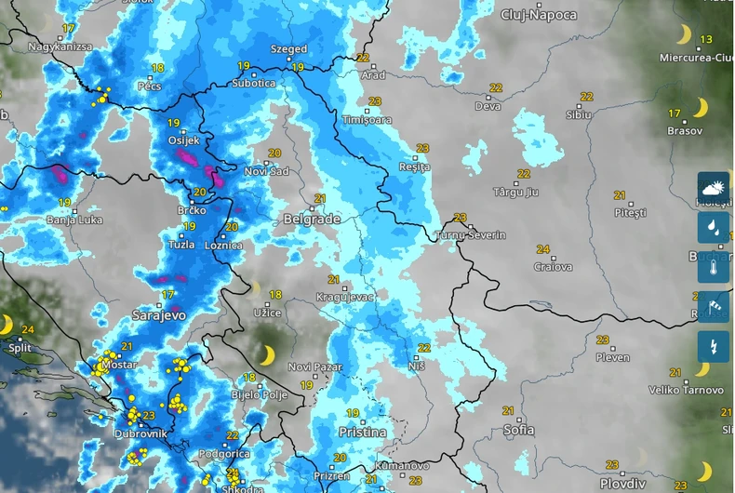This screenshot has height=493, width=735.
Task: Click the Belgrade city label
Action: pos(312,220)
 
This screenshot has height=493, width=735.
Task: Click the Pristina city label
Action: pos(362,433)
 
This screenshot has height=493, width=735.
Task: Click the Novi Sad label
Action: pos(266,172)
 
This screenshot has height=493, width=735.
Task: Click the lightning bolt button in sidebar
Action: pos(714,347)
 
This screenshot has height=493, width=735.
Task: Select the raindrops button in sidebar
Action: pos(714,227)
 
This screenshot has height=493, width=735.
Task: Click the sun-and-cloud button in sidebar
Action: pos(714,187)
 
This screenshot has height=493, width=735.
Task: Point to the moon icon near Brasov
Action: pos(700,108)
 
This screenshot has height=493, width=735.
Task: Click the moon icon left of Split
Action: pos(7,324)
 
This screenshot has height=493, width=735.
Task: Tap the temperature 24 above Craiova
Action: pos(542,249)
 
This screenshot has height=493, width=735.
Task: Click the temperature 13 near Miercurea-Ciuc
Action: pos(706,39)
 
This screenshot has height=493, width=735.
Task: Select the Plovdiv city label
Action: pos(622,484)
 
